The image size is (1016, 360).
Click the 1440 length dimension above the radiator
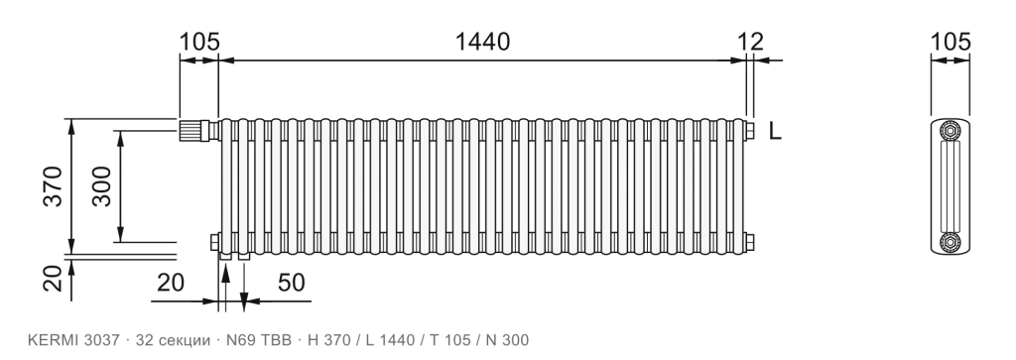point(483,42)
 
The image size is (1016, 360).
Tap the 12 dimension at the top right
point(751,42)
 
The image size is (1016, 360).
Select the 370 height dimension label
point(54,186)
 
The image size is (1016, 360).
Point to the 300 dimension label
point(101,186)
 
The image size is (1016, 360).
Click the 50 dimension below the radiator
point(292,283)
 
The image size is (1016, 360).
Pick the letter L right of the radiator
point(775,132)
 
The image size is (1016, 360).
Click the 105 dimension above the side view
point(951,42)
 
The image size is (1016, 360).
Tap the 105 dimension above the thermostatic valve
point(199,42)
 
